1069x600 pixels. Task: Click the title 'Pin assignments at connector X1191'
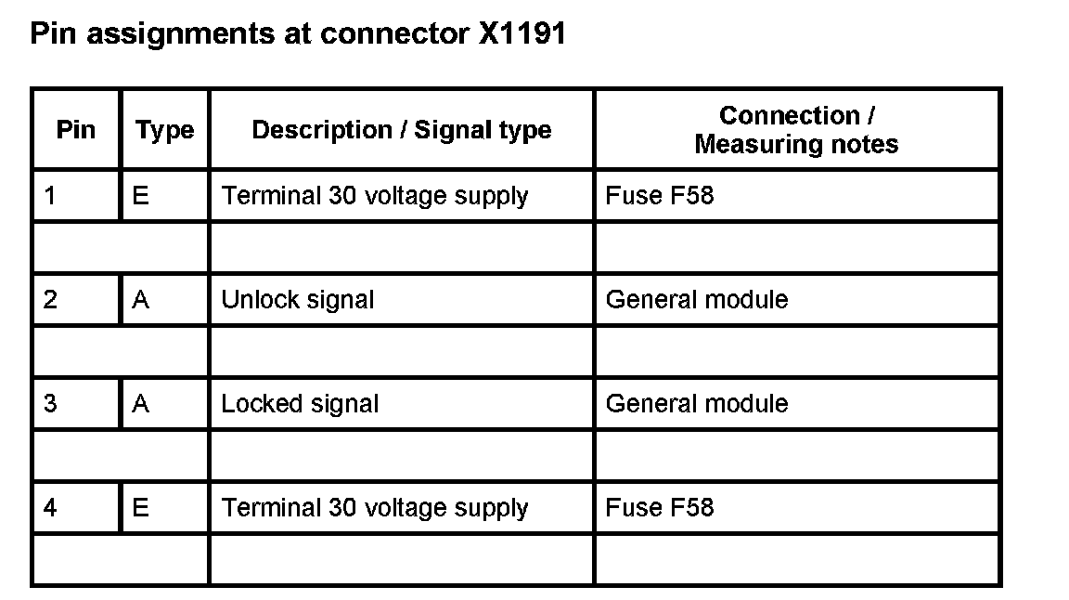[x=298, y=34]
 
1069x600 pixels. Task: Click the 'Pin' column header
[x=76, y=129]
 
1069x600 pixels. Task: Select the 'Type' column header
[x=165, y=130]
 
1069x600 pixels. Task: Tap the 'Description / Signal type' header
[x=402, y=130]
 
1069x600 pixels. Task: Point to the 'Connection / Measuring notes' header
[x=796, y=130]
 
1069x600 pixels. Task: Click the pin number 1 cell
[x=50, y=196]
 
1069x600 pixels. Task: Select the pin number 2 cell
[x=50, y=300]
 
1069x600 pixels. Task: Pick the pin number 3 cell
[x=50, y=404]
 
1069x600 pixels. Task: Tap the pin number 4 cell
[x=50, y=508]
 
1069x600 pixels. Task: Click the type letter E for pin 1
[x=141, y=196]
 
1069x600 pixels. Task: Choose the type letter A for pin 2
[x=141, y=300]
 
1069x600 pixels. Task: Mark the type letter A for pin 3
[x=141, y=404]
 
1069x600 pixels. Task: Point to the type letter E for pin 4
[x=141, y=508]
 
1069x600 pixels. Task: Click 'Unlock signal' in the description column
[x=298, y=300]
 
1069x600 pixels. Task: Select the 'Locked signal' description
[x=300, y=404]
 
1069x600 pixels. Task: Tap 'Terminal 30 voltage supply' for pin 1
[x=375, y=196]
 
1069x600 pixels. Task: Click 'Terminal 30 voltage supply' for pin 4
[x=375, y=508]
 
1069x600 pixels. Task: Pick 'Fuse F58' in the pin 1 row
[x=660, y=196]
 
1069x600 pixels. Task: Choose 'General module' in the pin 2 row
[x=697, y=300]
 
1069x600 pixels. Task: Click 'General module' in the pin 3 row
[x=697, y=404]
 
